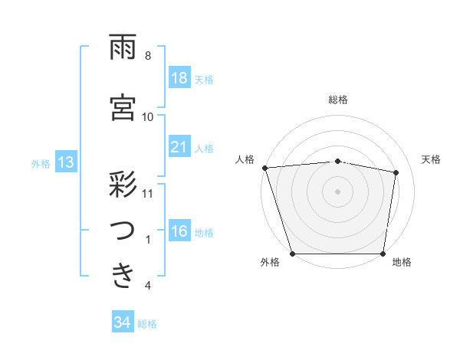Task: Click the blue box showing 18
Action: coord(179,78)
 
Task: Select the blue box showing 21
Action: coord(179,147)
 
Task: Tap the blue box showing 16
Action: coord(179,232)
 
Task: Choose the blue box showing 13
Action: coord(65,162)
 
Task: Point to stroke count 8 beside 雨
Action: coord(148,56)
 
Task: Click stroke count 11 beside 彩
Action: coord(148,192)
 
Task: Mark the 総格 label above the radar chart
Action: coord(338,100)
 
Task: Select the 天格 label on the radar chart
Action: coord(432,159)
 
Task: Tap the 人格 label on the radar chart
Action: coord(245,159)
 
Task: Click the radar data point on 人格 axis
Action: coord(265,168)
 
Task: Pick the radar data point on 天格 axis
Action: coord(396,173)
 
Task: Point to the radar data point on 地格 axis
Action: coord(383,254)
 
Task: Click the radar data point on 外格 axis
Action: coord(292,254)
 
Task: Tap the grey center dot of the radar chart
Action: coord(338,191)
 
